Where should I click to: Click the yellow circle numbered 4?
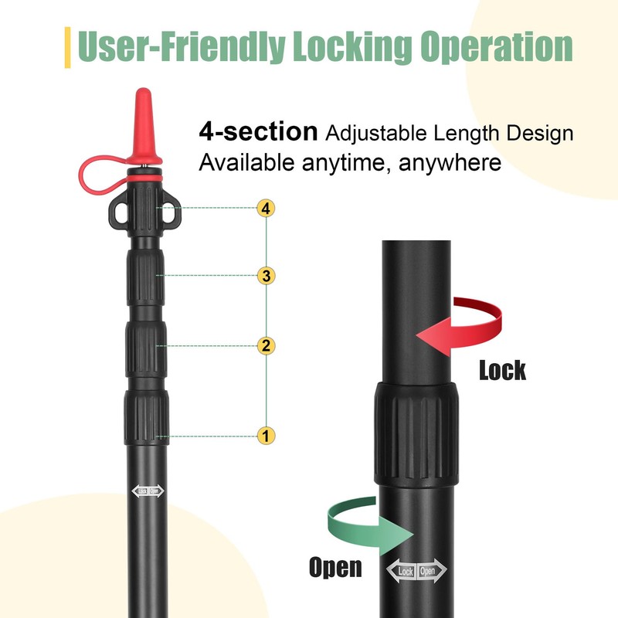[x=266, y=208]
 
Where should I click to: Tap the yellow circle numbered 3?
[x=266, y=276]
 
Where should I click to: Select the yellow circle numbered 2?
[x=266, y=345]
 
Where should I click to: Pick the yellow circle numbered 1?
[x=266, y=436]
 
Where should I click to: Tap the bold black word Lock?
[x=503, y=371]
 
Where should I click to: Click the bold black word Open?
[x=335, y=568]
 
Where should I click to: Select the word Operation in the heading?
[x=496, y=47]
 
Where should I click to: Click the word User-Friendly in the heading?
[x=182, y=47]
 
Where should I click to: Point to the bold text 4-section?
[x=258, y=131]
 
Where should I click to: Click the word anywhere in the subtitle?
[x=450, y=163]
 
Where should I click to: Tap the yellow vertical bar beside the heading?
[x=67, y=47]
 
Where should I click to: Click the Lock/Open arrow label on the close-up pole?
[x=416, y=571]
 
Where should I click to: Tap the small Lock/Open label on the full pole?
[x=148, y=491]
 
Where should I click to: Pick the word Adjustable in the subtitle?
[x=376, y=133]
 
